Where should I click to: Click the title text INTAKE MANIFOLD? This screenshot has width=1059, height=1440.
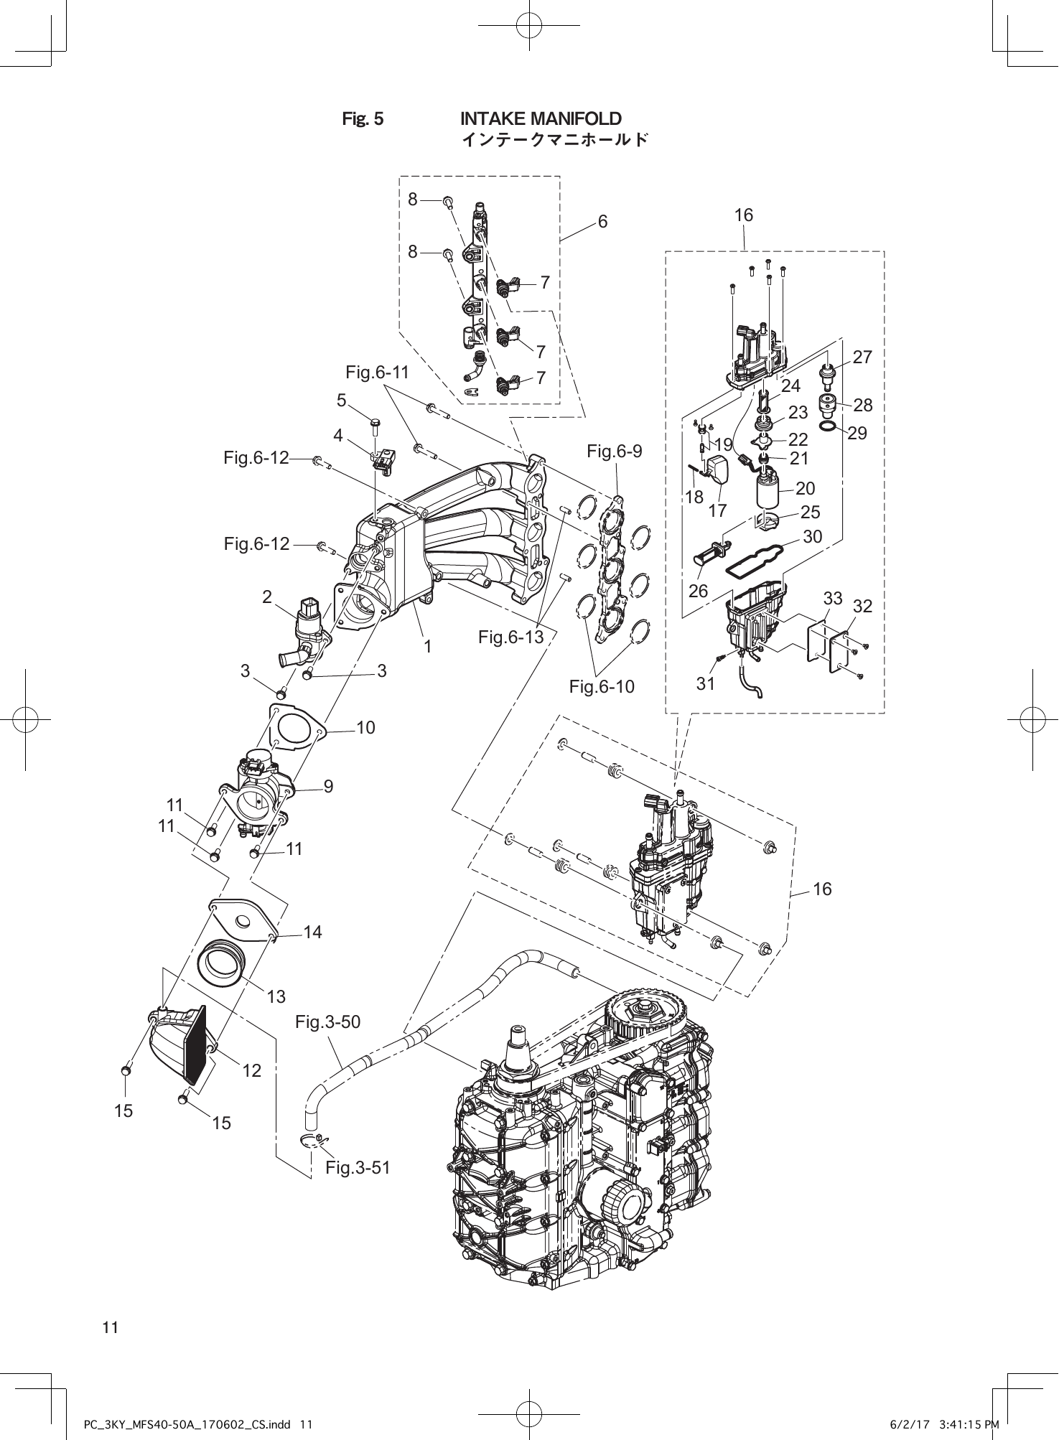pos(540,118)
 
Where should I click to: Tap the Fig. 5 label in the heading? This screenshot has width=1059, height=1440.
pos(363,119)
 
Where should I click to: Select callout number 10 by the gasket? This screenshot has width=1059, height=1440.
pos(365,728)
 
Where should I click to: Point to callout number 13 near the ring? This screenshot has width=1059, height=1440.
pos(276,996)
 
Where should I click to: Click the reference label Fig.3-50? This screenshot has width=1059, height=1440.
pos(327,1021)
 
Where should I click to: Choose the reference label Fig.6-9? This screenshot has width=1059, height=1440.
pos(614,452)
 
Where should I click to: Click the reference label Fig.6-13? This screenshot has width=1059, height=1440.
pos(510,637)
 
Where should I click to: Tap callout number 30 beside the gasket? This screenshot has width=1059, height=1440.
pos(812,536)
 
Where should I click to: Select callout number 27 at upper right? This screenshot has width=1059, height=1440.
pos(862,357)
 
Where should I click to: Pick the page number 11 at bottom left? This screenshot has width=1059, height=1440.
pos(110,1327)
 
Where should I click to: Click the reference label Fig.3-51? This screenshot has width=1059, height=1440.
pos(358,1168)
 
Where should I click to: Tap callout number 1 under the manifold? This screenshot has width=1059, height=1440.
pos(427,647)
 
